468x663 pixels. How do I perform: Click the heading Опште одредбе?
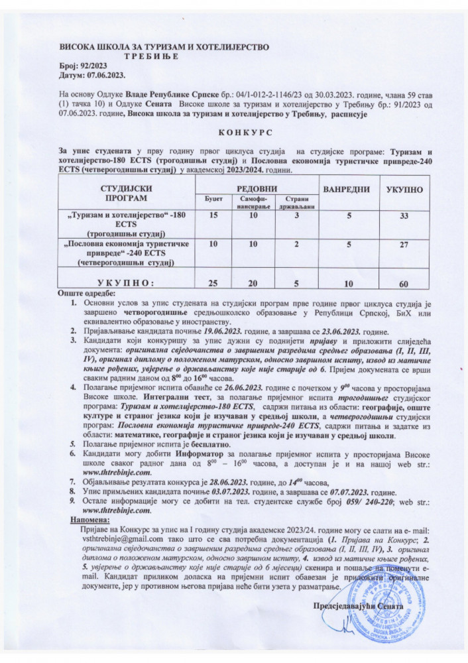pyautogui.click(x=88, y=293)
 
